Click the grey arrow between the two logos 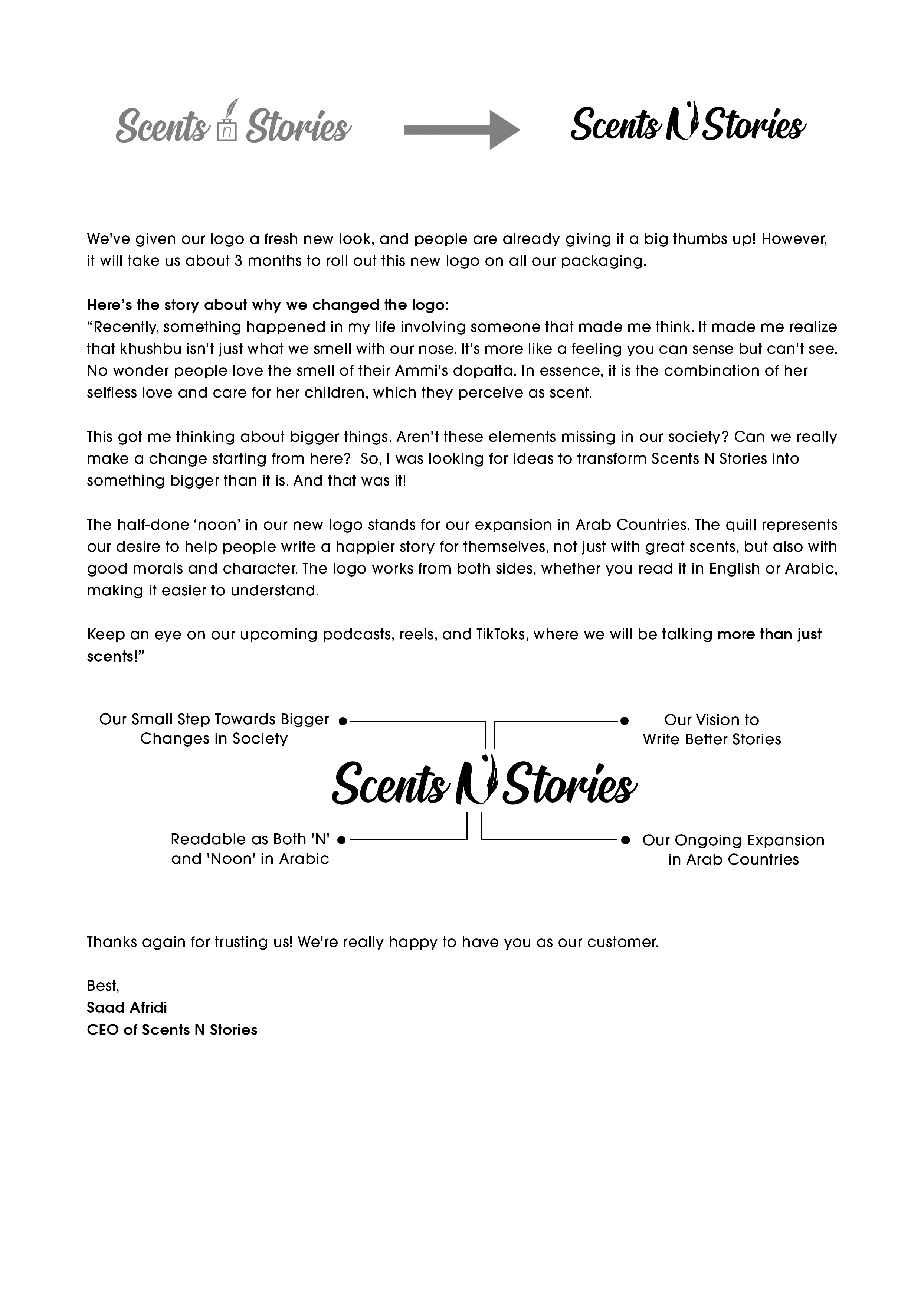pyautogui.click(x=461, y=130)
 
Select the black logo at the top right pyautogui.click(x=688, y=124)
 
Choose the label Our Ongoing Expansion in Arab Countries pyautogui.click(x=733, y=849)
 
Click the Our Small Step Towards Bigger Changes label pyautogui.click(x=214, y=729)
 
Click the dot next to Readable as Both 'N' pyautogui.click(x=341, y=840)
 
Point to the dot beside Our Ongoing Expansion pyautogui.click(x=625, y=840)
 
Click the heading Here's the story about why pyautogui.click(x=268, y=305)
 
